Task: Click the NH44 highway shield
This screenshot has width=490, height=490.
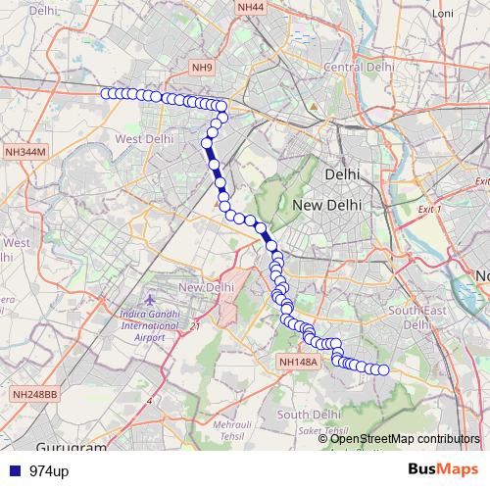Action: (x=250, y=7)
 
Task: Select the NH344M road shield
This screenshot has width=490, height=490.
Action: (x=25, y=152)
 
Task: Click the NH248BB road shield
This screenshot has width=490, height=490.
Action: (x=35, y=394)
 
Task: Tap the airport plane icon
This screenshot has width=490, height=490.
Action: (x=148, y=298)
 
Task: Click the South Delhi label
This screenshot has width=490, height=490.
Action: (x=307, y=415)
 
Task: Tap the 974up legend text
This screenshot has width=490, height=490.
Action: (x=49, y=471)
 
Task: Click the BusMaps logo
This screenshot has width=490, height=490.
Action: (x=443, y=470)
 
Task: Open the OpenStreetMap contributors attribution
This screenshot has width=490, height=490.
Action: (x=405, y=439)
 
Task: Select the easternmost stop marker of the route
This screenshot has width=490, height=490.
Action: (x=384, y=369)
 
